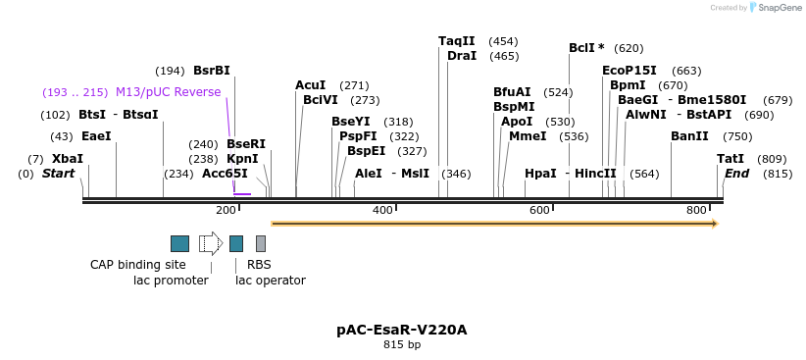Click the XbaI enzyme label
(68, 158)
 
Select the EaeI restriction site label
(96, 136)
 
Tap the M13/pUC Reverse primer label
(169, 92)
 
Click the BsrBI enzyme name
(212, 71)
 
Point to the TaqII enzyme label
(456, 41)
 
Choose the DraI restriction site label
(462, 56)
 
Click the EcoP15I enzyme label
(630, 71)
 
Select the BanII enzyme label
(689, 136)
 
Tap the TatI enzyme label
(730, 158)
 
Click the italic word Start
(58, 174)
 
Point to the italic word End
(736, 174)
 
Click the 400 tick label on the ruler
(382, 210)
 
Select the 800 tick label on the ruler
(697, 210)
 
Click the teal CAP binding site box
(179, 243)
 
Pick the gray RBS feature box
(261, 243)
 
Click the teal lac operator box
(236, 243)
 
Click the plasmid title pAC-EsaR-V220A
(402, 330)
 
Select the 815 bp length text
(402, 345)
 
